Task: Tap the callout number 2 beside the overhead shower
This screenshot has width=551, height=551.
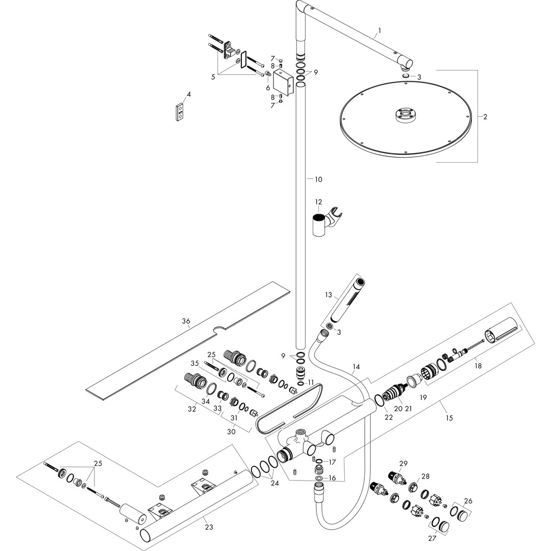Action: [485, 117]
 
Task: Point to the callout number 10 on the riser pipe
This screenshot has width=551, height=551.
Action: [318, 180]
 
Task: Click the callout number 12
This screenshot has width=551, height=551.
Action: [318, 202]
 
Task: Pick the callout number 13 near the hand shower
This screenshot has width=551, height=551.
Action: [328, 295]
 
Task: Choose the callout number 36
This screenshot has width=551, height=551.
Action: [186, 321]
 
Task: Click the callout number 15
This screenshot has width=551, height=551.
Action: [449, 418]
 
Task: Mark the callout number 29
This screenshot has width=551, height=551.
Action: [404, 463]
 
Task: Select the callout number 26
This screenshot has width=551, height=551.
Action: [468, 500]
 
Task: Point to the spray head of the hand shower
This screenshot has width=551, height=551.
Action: [360, 281]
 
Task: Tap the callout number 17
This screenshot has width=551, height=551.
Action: [332, 462]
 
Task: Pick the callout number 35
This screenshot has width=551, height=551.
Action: [194, 363]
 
